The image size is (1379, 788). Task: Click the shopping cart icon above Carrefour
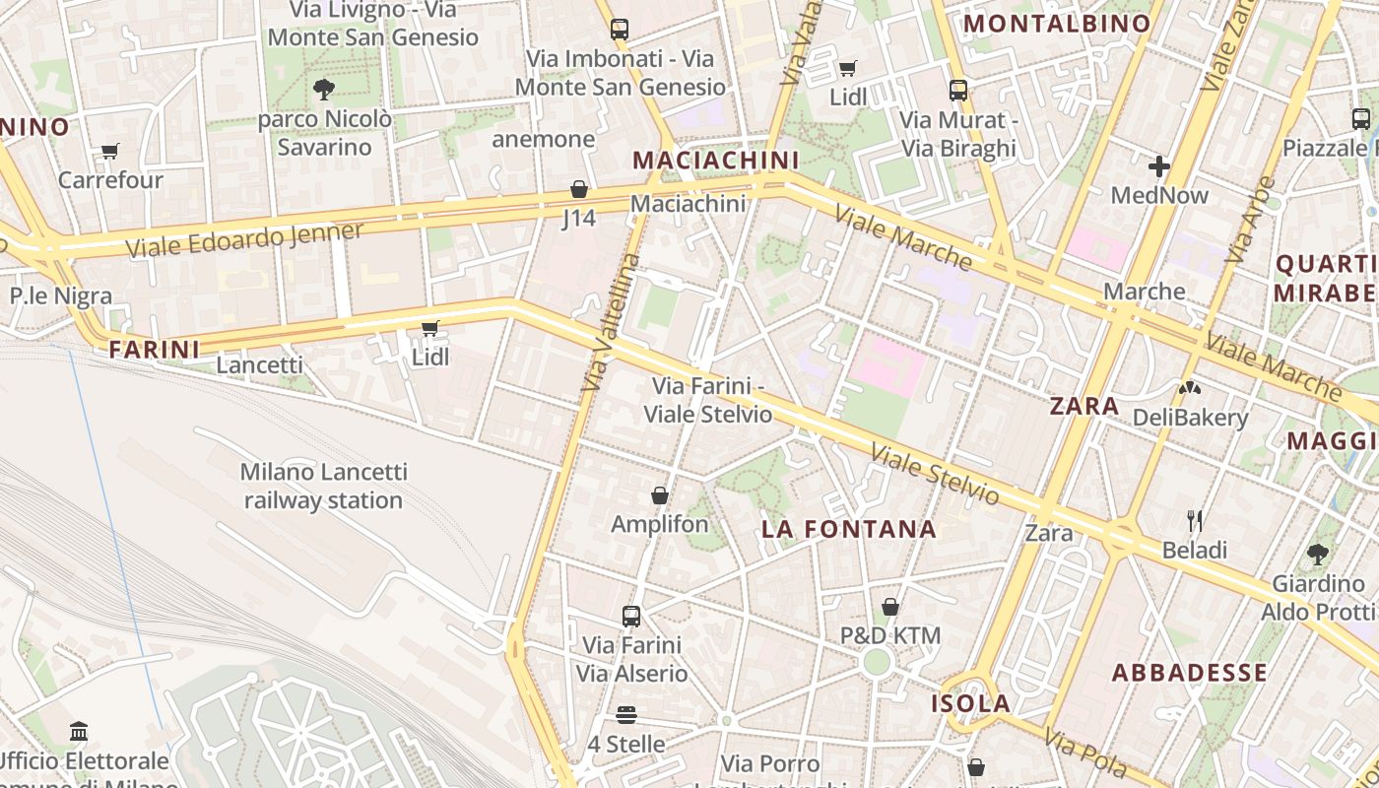click(109, 152)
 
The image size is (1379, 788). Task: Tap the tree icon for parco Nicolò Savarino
click(323, 90)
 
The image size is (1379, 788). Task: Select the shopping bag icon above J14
click(579, 189)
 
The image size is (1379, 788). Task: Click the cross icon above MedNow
click(1159, 165)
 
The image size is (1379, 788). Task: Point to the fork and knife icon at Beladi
click(1195, 520)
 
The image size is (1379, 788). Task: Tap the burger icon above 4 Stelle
click(626, 714)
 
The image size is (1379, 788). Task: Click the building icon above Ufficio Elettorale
click(79, 731)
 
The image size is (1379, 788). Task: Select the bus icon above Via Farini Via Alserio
click(631, 617)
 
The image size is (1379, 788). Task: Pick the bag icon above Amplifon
click(660, 495)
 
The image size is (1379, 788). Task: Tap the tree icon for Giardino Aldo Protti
click(1318, 554)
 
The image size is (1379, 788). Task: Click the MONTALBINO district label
click(1056, 24)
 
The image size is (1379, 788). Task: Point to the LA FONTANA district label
click(848, 529)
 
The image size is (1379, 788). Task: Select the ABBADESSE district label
click(1189, 674)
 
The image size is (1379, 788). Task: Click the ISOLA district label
click(971, 703)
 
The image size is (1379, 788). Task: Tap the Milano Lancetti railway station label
click(323, 487)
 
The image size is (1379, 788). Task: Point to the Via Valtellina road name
click(611, 323)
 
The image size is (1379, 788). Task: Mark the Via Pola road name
click(1084, 753)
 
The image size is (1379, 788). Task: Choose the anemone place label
click(543, 139)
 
